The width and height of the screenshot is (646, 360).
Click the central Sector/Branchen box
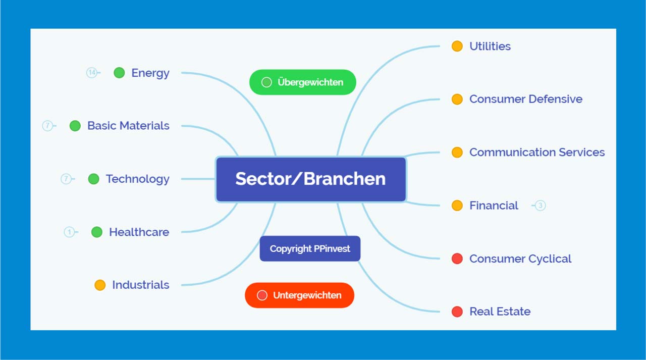click(x=311, y=179)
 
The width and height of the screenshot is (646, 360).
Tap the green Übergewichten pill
click(x=302, y=82)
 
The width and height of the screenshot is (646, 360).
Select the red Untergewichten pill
click(x=299, y=295)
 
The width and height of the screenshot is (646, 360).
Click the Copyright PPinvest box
click(x=310, y=248)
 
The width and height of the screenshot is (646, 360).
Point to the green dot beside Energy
click(x=119, y=73)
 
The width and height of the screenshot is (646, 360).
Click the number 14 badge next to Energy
click(x=92, y=73)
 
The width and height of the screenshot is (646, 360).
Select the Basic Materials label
click(x=128, y=126)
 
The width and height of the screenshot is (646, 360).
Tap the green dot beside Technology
click(x=93, y=179)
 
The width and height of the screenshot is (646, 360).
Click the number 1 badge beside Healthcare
click(x=69, y=232)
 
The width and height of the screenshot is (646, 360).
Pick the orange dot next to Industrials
click(x=100, y=285)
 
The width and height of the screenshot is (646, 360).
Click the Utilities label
click(x=490, y=46)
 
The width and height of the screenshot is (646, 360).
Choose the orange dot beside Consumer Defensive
click(x=457, y=99)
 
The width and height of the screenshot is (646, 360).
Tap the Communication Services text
click(x=537, y=152)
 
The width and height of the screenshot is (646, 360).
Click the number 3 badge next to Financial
click(x=540, y=205)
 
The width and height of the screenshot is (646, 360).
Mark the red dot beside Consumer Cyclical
click(x=457, y=259)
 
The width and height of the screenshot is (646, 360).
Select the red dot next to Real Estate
click(x=457, y=312)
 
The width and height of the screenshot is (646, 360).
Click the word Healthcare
click(x=139, y=232)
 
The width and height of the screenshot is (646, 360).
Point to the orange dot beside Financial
click(x=457, y=205)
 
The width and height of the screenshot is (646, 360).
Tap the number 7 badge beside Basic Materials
click(x=47, y=126)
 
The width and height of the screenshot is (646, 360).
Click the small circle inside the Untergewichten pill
click(x=262, y=295)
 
